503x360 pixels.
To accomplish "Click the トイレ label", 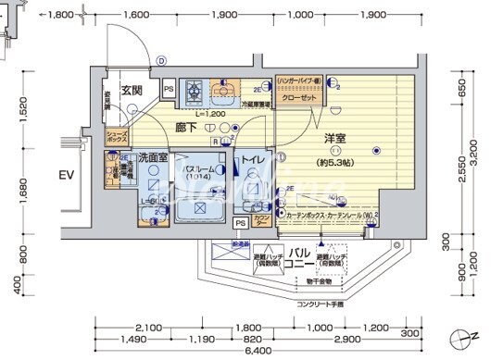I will [x=254, y=159].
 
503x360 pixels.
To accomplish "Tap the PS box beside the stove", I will [x=169, y=89].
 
